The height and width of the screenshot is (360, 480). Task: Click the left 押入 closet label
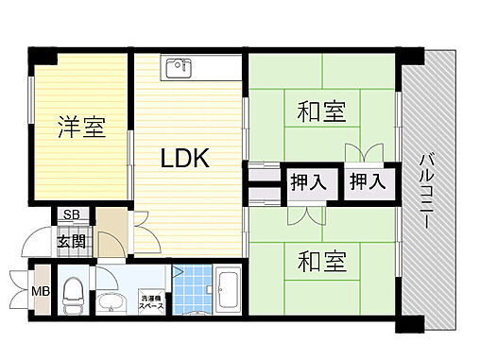308,181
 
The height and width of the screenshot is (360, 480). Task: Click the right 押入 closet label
366,181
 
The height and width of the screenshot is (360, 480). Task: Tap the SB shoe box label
71,214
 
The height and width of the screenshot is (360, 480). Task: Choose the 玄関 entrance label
71,240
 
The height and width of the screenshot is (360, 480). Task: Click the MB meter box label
43,290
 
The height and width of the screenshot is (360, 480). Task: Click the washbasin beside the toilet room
111,302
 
